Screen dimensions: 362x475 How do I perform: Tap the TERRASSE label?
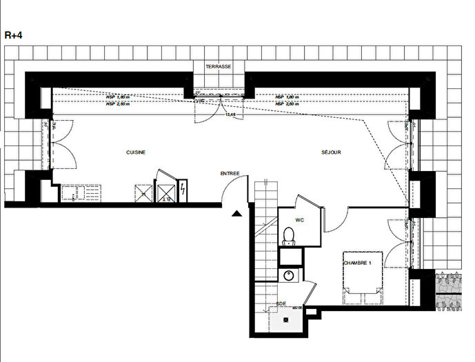pos(218,67)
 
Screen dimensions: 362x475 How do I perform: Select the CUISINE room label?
pos(136,152)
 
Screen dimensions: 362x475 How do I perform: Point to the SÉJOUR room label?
pos(331,152)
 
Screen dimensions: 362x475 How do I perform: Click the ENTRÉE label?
pos(230,173)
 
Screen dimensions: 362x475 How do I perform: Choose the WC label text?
pos(300,221)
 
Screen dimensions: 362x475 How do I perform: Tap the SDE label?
pos(281,303)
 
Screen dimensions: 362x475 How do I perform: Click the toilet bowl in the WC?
pos(288,237)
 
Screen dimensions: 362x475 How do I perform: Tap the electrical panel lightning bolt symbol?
pos(183,191)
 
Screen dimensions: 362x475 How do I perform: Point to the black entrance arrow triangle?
pos(237,214)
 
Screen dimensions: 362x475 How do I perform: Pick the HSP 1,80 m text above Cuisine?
pos(118,97)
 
